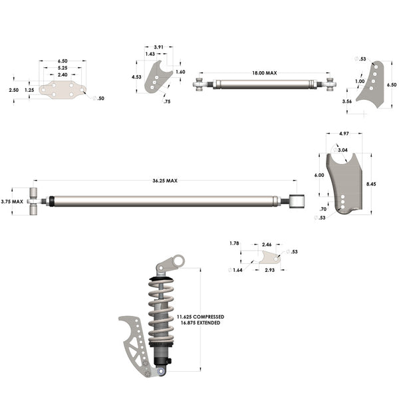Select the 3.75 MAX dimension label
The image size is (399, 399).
tap(13, 201)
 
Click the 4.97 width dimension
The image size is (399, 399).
tap(344, 134)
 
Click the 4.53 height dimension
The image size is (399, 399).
tap(136, 77)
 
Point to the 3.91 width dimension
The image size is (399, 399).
tap(159, 47)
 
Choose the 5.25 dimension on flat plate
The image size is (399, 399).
tap(63, 68)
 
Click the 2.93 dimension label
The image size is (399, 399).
tap(271, 271)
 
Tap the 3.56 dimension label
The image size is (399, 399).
tap(346, 102)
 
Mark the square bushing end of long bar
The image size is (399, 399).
tap(297, 201)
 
